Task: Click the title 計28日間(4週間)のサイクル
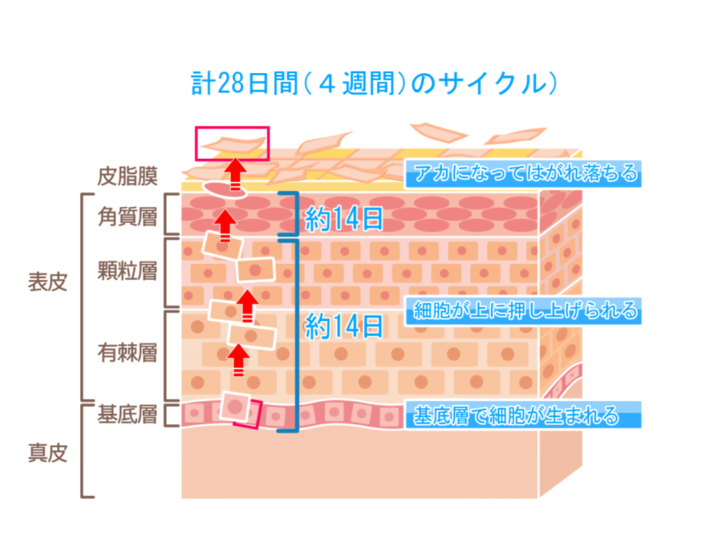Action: [x=374, y=84]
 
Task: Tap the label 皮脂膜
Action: [x=128, y=176]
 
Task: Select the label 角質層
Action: [x=128, y=217]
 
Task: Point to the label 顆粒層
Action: [x=128, y=271]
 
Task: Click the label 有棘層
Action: [x=128, y=353]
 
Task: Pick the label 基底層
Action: [x=128, y=414]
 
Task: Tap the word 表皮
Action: [x=48, y=282]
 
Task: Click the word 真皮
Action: [x=48, y=453]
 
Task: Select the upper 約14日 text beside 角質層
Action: [x=344, y=219]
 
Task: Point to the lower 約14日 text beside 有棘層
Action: [x=344, y=326]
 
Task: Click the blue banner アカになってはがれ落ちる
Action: [x=523, y=173]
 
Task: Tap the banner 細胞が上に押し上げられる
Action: [x=523, y=311]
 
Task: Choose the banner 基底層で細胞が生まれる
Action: [x=523, y=414]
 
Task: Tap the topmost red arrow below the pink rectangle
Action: [x=235, y=174]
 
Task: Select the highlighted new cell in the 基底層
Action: [x=235, y=406]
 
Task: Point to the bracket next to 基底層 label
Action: [x=171, y=415]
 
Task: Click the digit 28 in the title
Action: [x=231, y=84]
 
